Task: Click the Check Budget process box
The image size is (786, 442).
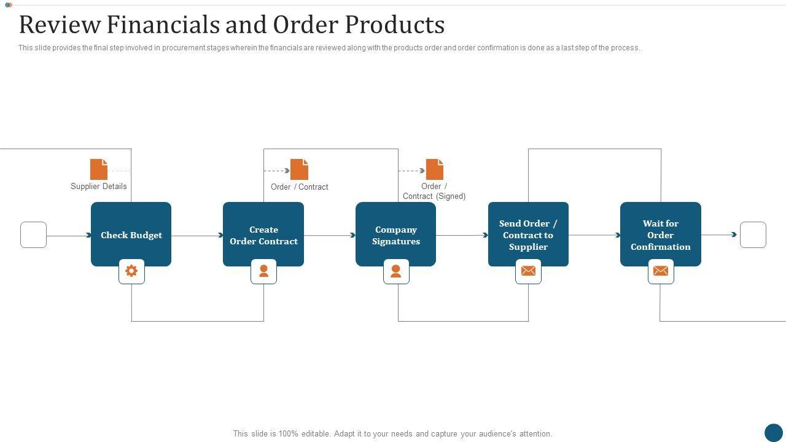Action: point(131,234)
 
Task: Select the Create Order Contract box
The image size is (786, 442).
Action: point(263,234)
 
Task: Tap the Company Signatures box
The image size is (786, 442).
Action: point(396,234)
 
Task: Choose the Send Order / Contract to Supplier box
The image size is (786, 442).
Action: point(528,234)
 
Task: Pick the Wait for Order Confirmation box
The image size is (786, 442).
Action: point(660,234)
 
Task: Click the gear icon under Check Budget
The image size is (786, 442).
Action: point(131,271)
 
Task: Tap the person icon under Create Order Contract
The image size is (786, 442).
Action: point(263,271)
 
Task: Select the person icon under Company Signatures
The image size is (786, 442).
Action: point(396,271)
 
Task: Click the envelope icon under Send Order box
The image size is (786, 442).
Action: point(529,271)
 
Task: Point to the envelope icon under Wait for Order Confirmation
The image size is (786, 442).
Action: point(661,271)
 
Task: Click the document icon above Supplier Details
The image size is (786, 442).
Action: point(99,169)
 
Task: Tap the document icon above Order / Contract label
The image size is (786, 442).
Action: point(299,169)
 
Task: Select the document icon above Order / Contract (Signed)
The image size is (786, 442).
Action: point(435,169)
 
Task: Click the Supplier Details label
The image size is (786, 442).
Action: point(99,186)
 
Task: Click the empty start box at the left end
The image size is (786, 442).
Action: point(33,235)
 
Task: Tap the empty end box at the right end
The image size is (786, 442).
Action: point(753,235)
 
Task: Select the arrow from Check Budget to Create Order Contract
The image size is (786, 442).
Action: point(197,235)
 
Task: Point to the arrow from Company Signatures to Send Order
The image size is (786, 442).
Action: point(462,235)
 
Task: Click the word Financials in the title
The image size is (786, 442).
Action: point(163,25)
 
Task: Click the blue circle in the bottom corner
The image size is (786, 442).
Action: point(774,433)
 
